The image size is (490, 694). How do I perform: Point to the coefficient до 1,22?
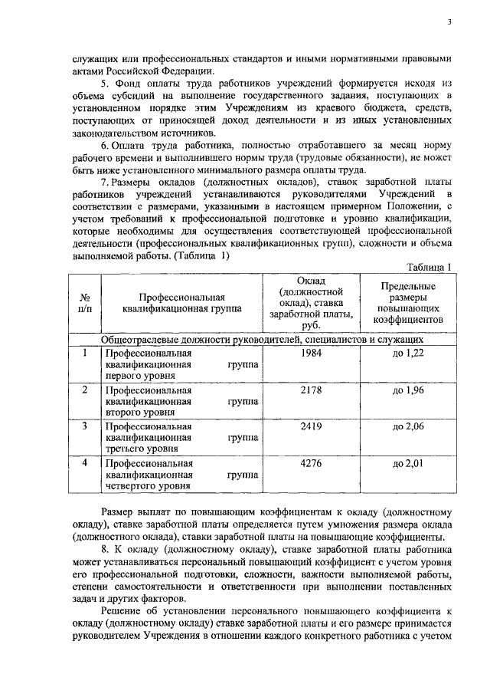point(407,353)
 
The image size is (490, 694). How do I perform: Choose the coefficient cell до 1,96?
point(407,390)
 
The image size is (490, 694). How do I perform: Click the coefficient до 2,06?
point(407,426)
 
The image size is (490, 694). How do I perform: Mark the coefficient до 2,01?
point(407,463)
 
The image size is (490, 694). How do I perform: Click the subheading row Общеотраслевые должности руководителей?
point(263,338)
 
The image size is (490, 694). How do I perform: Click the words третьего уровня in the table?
point(139,450)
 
